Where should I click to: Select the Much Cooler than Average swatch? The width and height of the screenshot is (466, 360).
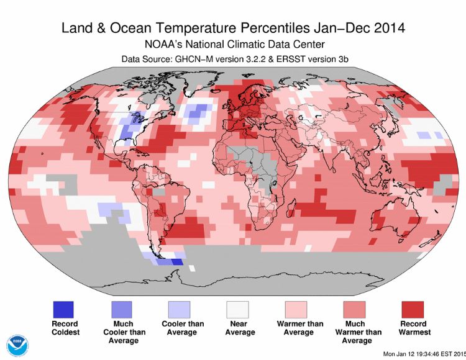[122, 309]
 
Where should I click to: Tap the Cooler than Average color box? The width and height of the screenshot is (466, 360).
[180, 309]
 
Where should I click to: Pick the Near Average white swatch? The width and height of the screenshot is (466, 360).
[237, 309]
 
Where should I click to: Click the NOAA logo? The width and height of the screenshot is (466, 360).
[17, 345]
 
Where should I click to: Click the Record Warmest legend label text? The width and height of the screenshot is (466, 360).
[413, 328]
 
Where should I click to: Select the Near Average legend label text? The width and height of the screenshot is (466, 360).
[237, 328]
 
